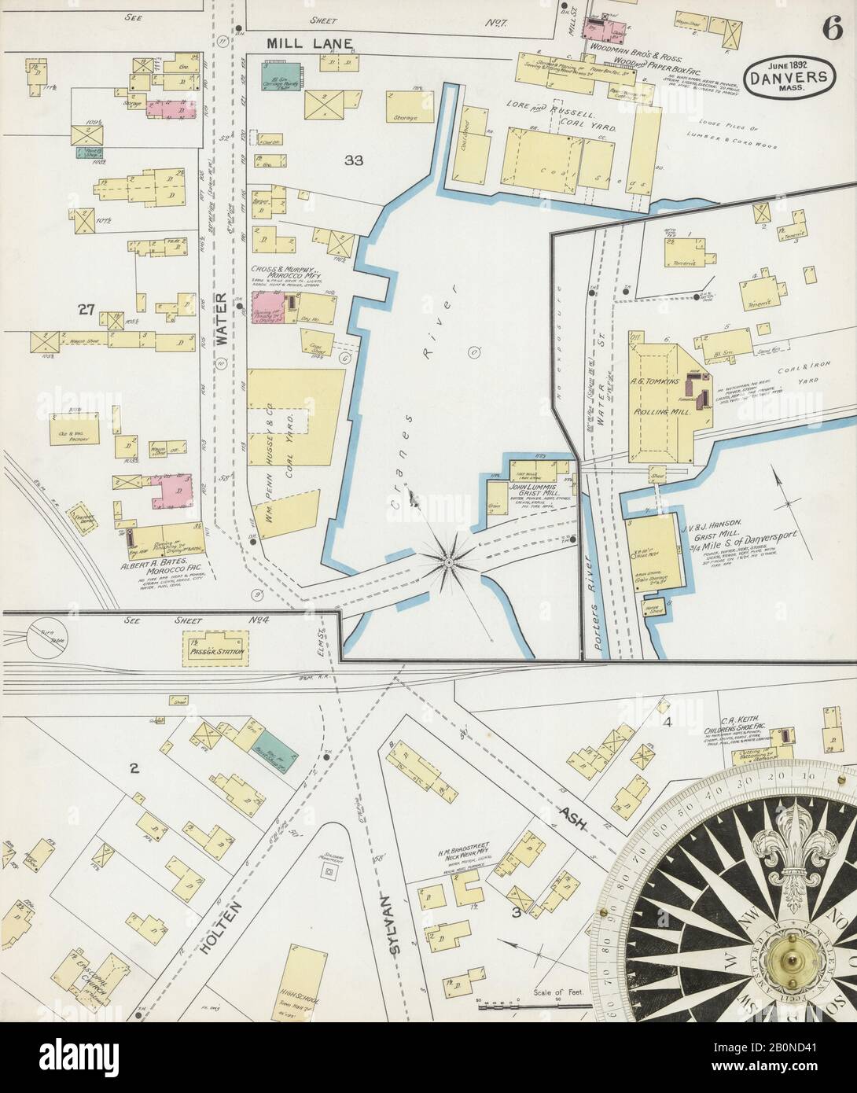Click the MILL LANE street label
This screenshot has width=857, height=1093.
coord(301,42)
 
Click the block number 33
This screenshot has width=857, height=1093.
coord(354,160)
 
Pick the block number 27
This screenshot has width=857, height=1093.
coord(86,311)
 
